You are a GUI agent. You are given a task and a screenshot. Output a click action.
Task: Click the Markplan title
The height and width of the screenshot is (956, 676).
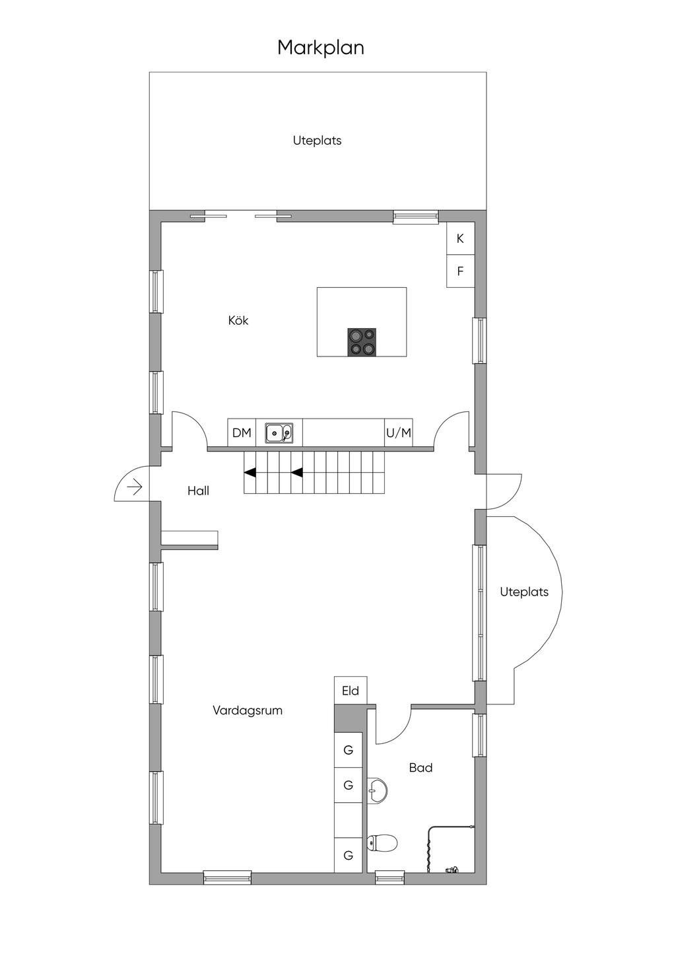(x=320, y=48)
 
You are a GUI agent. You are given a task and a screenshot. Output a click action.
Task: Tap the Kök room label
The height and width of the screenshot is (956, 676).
(x=238, y=320)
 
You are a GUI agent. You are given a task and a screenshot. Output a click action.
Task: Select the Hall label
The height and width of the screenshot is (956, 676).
(x=199, y=491)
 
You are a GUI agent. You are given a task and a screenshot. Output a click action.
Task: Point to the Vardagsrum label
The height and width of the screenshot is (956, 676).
(x=248, y=710)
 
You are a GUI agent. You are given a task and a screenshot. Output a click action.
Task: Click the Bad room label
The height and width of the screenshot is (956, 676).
(x=421, y=768)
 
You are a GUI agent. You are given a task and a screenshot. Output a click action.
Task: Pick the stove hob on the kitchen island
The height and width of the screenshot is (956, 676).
(x=362, y=342)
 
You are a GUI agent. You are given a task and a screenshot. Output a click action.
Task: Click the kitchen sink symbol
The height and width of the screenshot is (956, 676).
(x=279, y=432)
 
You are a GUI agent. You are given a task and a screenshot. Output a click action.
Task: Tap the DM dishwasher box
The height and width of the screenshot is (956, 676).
(x=242, y=432)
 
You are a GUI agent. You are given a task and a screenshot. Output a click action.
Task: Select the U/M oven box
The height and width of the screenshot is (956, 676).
(x=399, y=432)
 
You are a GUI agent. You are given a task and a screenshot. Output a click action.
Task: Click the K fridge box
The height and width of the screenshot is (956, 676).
(x=461, y=238)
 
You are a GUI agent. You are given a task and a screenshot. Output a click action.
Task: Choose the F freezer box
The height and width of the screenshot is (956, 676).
(x=461, y=271)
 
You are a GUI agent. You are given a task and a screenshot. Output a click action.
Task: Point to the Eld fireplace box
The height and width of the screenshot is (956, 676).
(x=351, y=691)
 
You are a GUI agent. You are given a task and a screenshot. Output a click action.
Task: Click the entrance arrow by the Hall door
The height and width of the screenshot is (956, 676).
(x=135, y=487)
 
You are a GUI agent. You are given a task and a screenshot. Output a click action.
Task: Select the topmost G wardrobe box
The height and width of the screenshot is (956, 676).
(x=349, y=750)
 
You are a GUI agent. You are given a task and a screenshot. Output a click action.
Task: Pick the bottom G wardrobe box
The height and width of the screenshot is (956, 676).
(x=349, y=856)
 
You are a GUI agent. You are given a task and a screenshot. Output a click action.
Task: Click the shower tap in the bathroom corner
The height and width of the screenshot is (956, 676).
(x=452, y=868)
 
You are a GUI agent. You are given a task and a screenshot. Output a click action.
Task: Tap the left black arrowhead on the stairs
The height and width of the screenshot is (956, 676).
(x=250, y=473)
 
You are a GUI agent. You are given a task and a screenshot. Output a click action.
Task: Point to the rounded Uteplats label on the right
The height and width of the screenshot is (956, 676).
(x=524, y=592)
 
